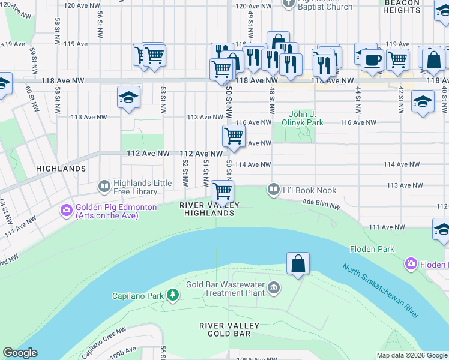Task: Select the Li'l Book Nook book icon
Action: pyautogui.click(x=274, y=190)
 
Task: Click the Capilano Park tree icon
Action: pyautogui.click(x=173, y=295)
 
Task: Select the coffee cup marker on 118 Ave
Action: pyautogui.click(x=372, y=61)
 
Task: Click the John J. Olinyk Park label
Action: pyautogui.click(x=306, y=118)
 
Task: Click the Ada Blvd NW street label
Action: pyautogui.click(x=321, y=205)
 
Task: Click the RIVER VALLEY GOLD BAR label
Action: pyautogui.click(x=229, y=329)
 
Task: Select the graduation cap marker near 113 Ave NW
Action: pyautogui.click(x=128, y=97)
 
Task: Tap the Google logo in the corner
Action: pyautogui.click(x=20, y=353)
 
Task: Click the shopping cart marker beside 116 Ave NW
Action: pyautogui.click(x=234, y=136)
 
